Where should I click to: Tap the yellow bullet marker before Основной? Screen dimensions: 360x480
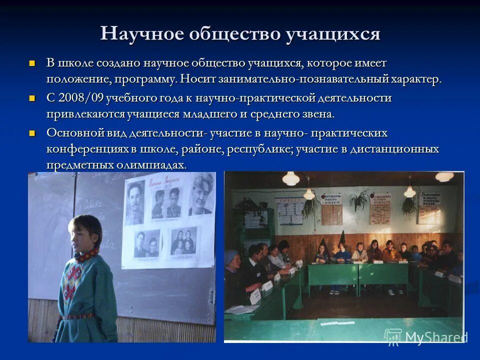pyautogui.click(x=33, y=133)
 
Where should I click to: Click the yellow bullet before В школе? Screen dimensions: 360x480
pyautogui.click(x=33, y=63)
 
